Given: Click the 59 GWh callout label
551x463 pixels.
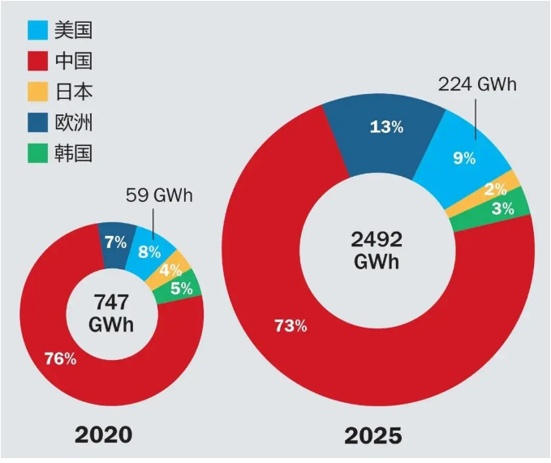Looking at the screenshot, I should click(x=160, y=196).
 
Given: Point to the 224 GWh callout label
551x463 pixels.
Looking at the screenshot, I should click(x=477, y=84).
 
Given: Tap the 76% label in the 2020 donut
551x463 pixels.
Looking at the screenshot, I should click(x=60, y=358).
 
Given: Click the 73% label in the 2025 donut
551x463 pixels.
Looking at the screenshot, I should click(x=291, y=326).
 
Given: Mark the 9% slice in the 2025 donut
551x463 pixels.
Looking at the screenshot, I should click(x=464, y=157).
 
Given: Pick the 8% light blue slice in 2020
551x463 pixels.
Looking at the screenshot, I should click(x=149, y=251).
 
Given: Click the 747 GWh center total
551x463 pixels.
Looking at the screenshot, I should click(x=110, y=312).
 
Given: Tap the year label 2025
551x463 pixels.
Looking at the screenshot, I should click(x=372, y=435).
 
